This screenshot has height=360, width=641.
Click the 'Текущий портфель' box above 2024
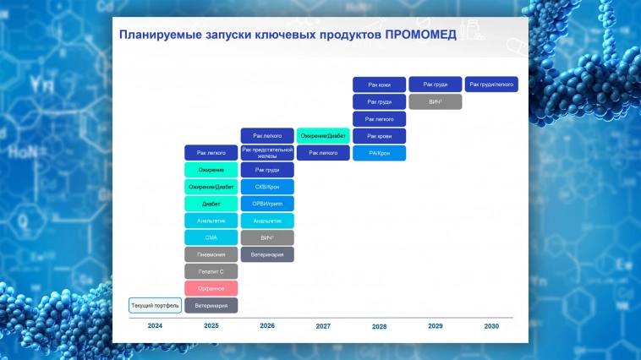155,305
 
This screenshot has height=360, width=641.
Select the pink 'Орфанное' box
211,288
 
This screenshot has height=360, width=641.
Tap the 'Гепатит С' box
211,271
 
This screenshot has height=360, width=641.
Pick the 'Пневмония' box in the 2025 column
211,254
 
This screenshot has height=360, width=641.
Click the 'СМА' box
211,237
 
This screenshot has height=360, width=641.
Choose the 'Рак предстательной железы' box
267,153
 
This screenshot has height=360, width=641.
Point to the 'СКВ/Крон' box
267,187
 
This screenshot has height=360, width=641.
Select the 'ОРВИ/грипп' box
267,204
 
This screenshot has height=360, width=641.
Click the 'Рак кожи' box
379,85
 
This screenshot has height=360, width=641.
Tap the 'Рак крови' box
379,136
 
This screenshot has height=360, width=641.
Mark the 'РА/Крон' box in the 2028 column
379,153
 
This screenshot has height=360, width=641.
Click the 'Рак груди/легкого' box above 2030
491,85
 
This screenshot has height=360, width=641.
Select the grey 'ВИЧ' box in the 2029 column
435,101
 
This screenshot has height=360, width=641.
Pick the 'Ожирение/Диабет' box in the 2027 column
323,136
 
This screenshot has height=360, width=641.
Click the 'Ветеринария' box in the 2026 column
267,254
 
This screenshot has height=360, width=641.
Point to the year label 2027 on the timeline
323,325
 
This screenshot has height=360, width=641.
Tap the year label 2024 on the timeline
155,325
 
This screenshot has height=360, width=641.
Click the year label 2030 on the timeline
491,325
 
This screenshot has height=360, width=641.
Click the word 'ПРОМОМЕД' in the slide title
420,35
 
